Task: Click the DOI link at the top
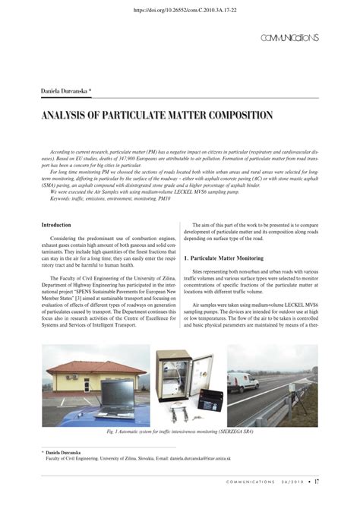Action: (x=179, y=11)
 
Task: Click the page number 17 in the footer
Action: (x=317, y=481)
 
